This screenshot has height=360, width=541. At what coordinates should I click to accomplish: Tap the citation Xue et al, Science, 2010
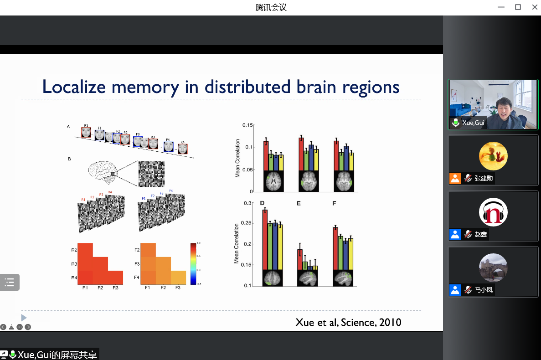[x=348, y=323]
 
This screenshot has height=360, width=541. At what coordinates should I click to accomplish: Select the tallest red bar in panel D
[x=265, y=240]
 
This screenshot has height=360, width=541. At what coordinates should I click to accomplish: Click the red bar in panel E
[x=300, y=259]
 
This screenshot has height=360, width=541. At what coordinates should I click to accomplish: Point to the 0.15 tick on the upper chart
[x=247, y=125]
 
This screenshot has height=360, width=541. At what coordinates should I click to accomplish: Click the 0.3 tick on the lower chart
[x=247, y=203]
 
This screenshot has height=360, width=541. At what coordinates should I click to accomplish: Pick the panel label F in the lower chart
[x=334, y=203]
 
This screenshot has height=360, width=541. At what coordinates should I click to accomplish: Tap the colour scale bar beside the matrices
[x=193, y=263]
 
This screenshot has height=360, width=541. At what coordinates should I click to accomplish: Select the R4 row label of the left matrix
[x=73, y=278]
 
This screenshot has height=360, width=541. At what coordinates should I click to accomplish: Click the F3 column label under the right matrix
[x=178, y=288]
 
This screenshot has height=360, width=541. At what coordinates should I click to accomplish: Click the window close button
[x=534, y=7]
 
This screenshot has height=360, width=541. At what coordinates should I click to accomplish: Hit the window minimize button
[x=502, y=7]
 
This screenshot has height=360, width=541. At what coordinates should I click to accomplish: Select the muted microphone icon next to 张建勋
[x=468, y=178]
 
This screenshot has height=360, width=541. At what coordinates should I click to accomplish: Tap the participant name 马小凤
[x=484, y=290]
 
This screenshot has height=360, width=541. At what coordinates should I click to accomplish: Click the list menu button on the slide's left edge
[x=10, y=282]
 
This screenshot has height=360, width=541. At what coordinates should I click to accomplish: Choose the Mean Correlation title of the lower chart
[x=237, y=243]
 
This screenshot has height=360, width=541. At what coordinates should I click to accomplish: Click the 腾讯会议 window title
[x=271, y=7]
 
